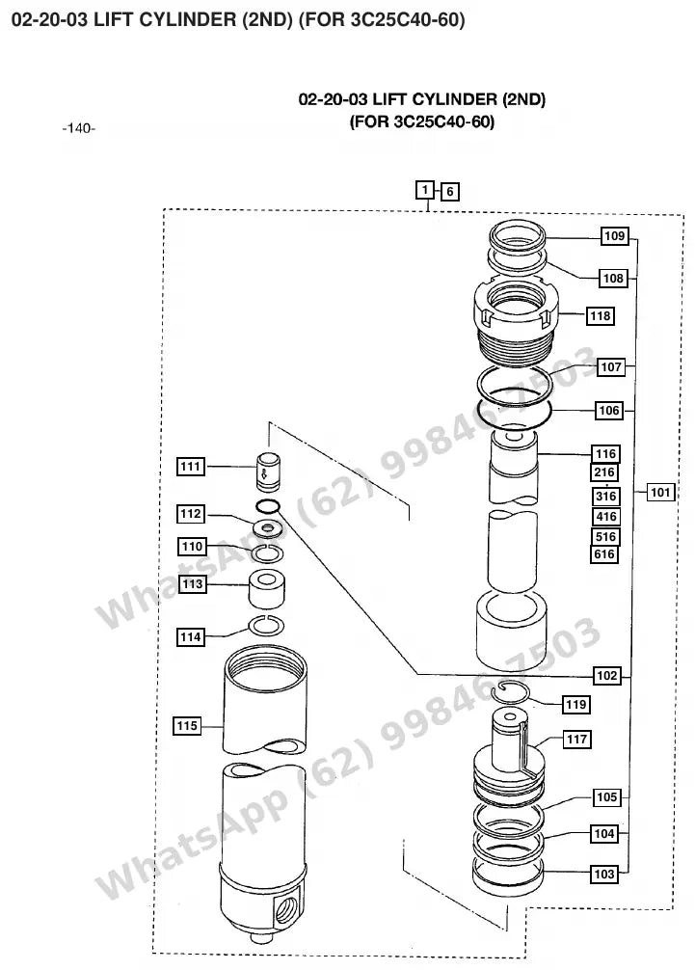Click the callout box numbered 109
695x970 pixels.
(614, 235)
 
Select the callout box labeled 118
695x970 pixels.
(600, 316)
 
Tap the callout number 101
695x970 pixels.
(659, 493)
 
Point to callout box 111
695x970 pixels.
(191, 467)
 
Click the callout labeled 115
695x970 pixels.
(187, 726)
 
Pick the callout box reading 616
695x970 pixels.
(604, 554)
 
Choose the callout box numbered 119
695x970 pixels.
(575, 705)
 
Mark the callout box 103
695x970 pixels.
(604, 875)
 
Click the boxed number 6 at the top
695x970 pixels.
(449, 192)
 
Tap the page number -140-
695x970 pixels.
(78, 128)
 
